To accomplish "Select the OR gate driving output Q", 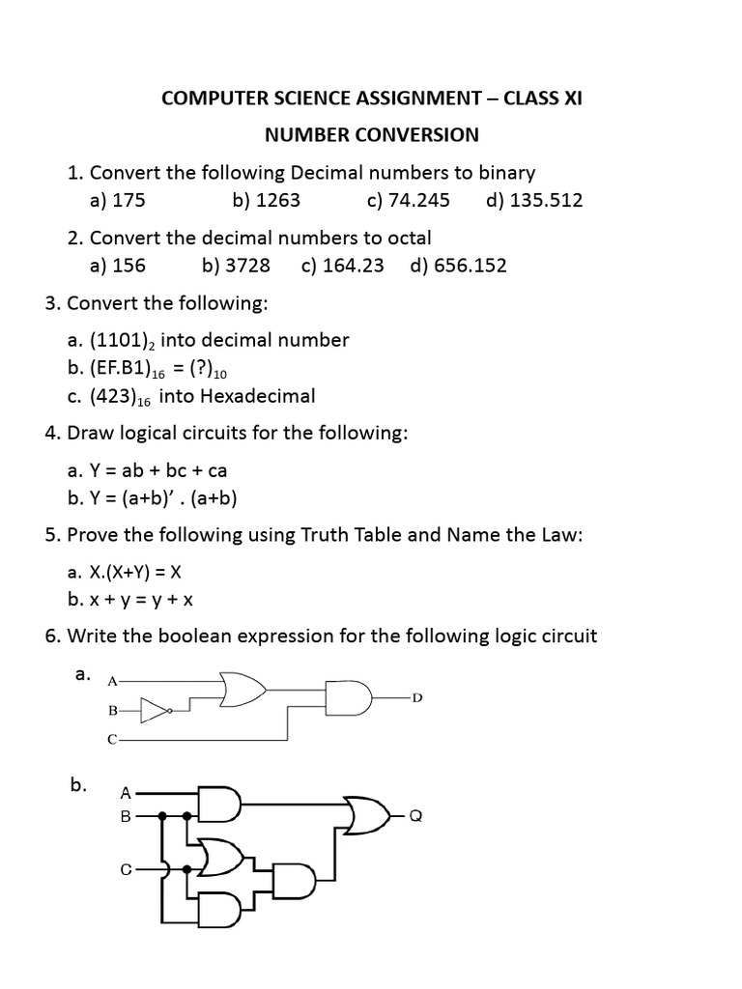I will pos(366,816).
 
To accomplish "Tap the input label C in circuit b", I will pos(126,868).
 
